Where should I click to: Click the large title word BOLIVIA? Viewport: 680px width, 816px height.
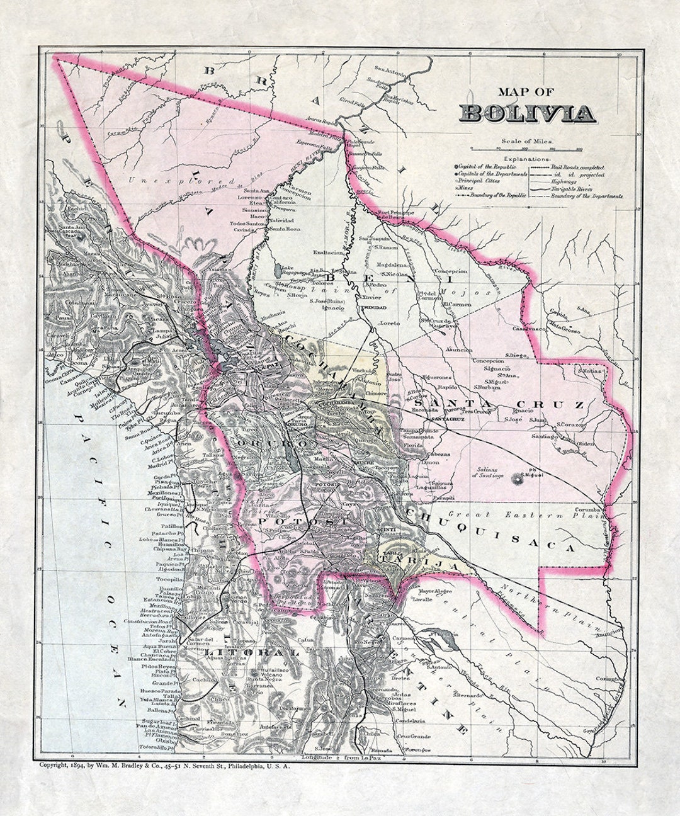pos(528,113)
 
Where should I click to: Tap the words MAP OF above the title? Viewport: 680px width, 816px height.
pos(527,92)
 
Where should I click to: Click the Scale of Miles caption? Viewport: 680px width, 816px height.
pos(528,142)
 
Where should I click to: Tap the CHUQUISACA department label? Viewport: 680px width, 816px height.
pos(491,530)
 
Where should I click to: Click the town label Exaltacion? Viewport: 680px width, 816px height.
pos(328,252)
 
